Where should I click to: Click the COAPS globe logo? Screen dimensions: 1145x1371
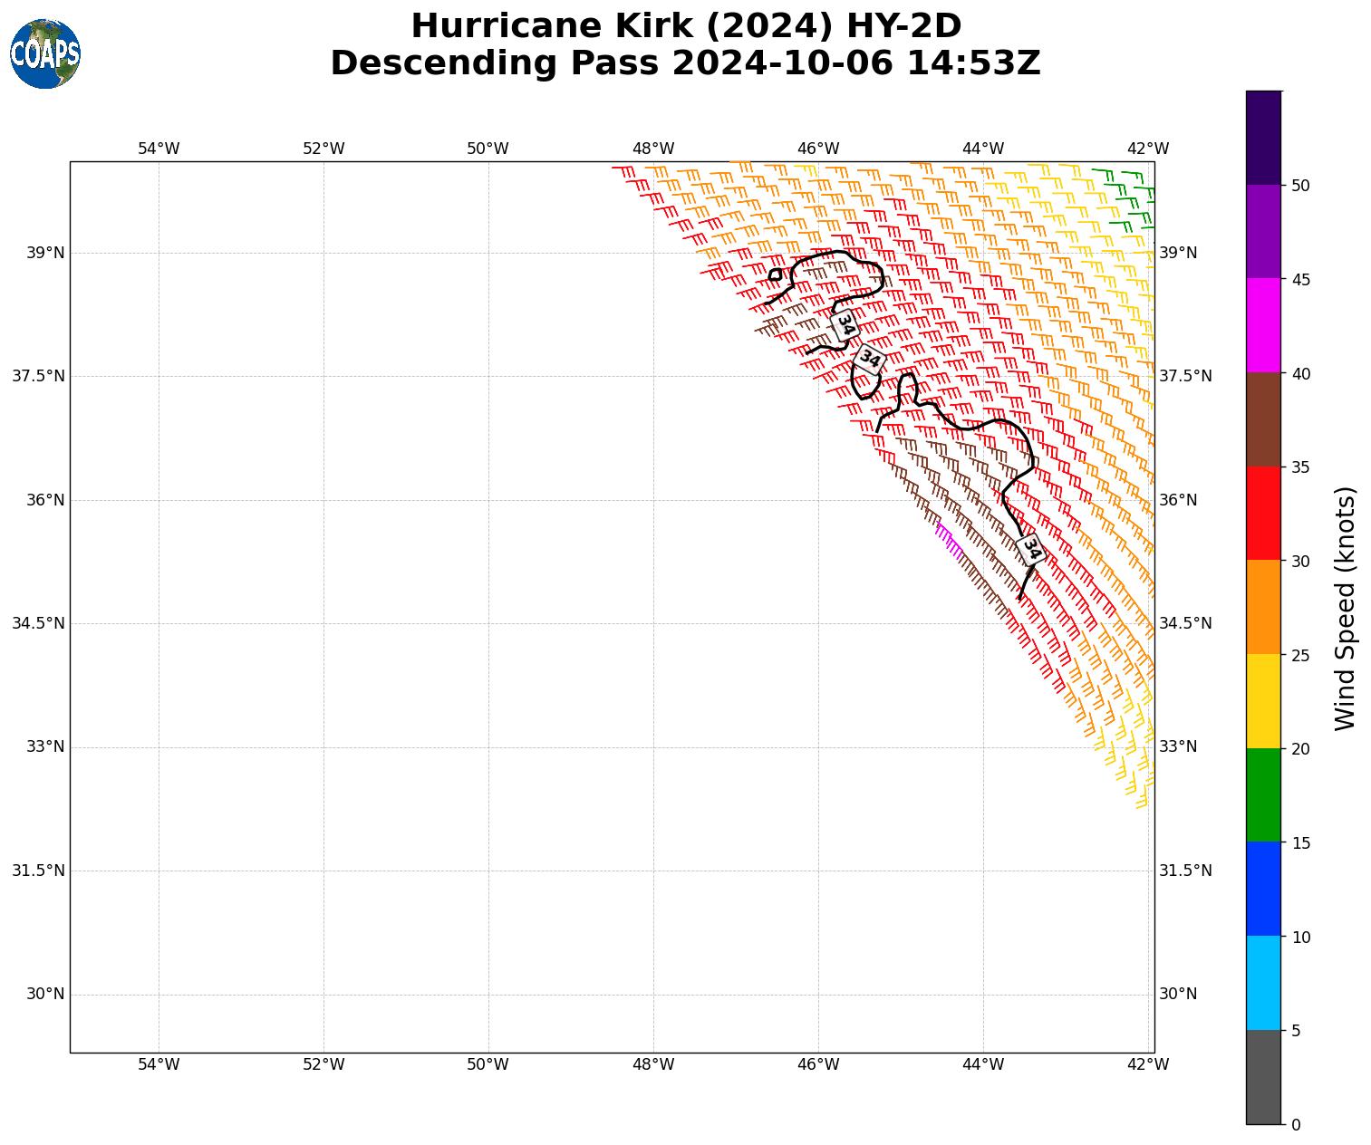tap(45, 53)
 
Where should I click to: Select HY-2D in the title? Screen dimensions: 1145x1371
tap(903, 26)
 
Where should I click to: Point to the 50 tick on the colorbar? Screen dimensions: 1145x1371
tap(1300, 186)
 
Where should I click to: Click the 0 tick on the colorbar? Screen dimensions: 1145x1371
tap(1296, 1124)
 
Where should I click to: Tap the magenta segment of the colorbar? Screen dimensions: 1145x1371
tap(1263, 325)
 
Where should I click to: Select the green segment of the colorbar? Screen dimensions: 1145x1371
tap(1263, 794)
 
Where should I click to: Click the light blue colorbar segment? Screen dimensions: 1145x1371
tap(1263, 983)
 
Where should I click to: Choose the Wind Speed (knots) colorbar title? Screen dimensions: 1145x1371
tap(1346, 608)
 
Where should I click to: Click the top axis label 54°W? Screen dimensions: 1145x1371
tap(159, 149)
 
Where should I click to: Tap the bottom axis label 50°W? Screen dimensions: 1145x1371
tap(488, 1064)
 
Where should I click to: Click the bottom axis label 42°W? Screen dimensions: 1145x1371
tap(1147, 1064)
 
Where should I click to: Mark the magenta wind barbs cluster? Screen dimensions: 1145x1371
tap(949, 540)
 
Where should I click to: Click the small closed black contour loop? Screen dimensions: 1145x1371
tap(775, 274)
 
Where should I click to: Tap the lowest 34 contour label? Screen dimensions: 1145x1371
tap(1030, 550)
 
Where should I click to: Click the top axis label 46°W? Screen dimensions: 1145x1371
tap(817, 149)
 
